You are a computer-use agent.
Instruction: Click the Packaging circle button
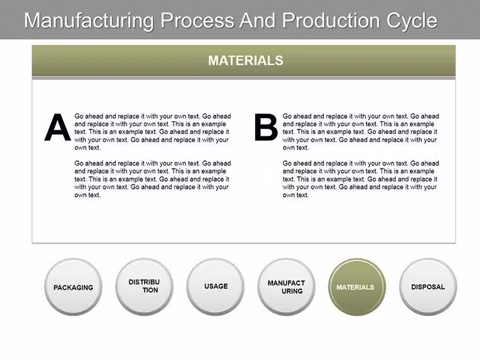[73, 287]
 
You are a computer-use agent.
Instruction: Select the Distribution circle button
[144, 287]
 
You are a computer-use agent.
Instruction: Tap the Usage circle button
[215, 287]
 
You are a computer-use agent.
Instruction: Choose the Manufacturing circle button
[286, 287]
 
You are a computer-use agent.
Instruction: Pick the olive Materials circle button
[357, 287]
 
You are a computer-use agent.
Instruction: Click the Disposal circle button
[428, 287]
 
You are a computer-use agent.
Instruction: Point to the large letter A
[57, 128]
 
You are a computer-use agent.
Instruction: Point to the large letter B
[266, 128]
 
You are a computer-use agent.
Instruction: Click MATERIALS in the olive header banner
[246, 61]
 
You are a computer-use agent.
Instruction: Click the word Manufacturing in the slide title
[89, 21]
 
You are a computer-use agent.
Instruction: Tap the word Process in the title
[198, 20]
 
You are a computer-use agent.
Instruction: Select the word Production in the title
[330, 20]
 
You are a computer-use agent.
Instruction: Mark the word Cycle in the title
[412, 21]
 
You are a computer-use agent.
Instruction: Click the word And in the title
[258, 20]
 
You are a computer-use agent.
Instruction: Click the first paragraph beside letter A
[152, 132]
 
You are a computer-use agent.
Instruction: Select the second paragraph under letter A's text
[152, 179]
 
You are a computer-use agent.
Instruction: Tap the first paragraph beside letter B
[361, 132]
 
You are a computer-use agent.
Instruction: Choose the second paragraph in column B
[361, 179]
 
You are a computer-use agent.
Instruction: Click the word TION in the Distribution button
[150, 290]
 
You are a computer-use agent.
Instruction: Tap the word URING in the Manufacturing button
[292, 291]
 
